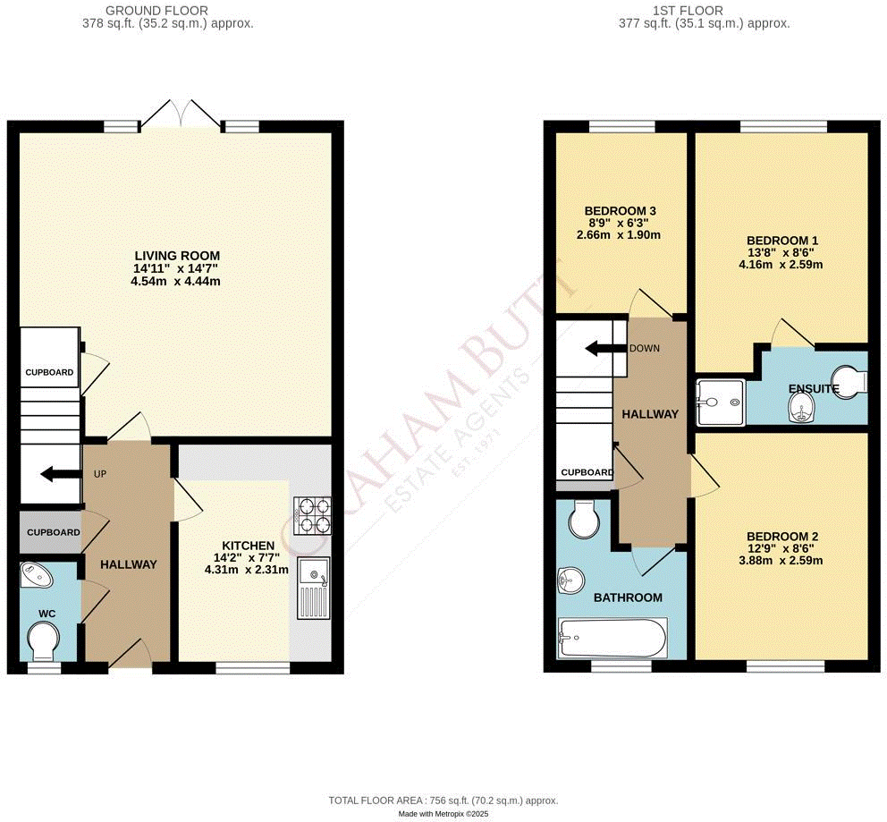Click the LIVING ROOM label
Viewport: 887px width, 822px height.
coord(175,255)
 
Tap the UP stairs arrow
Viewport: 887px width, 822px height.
coord(58,474)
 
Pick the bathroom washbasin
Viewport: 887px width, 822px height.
coord(569,582)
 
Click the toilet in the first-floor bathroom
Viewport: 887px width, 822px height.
coord(582,518)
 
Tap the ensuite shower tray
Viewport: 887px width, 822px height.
coord(719,401)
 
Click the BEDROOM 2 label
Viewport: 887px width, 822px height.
coord(783,537)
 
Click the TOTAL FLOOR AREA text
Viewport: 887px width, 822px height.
coord(443,801)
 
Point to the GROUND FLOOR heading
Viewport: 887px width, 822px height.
coord(156,11)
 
